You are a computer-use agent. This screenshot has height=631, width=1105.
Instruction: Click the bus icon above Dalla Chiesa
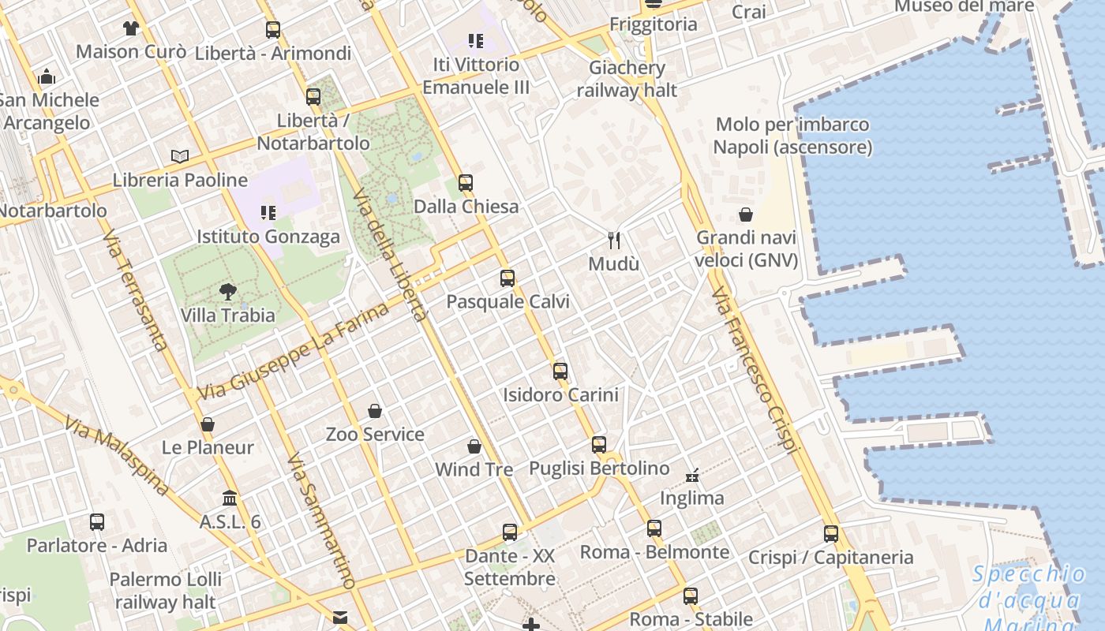[x=466, y=183]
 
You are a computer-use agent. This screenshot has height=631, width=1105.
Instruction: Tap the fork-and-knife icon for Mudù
[x=614, y=240]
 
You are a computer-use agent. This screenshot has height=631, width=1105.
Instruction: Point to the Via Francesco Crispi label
[x=753, y=371]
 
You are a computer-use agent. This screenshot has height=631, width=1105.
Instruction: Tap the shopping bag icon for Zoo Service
[x=375, y=411]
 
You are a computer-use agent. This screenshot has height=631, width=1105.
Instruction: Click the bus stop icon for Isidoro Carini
[x=560, y=371]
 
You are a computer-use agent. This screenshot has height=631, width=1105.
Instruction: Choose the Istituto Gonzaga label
[x=268, y=237]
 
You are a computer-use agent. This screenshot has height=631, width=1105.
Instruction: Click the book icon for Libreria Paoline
[x=180, y=156]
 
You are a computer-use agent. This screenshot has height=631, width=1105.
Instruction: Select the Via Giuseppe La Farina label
[x=294, y=351]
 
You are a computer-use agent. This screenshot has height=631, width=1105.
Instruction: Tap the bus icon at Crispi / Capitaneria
[x=831, y=534]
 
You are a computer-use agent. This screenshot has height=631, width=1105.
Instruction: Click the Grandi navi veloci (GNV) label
[x=747, y=248]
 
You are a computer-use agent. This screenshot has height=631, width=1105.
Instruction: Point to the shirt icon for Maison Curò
[x=131, y=28]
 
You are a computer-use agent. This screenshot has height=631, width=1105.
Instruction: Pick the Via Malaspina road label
[x=117, y=456]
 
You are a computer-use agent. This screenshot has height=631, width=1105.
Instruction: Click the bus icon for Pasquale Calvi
[x=508, y=278]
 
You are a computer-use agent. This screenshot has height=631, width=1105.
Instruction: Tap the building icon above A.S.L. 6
[x=230, y=498]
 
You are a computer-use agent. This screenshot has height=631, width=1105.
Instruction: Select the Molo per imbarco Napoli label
[x=792, y=136]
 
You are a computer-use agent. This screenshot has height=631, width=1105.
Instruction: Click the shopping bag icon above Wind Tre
[x=474, y=446]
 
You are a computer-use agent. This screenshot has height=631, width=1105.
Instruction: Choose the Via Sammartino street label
[x=320, y=521]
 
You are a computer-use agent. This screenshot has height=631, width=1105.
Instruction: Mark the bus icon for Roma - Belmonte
[x=654, y=528]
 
